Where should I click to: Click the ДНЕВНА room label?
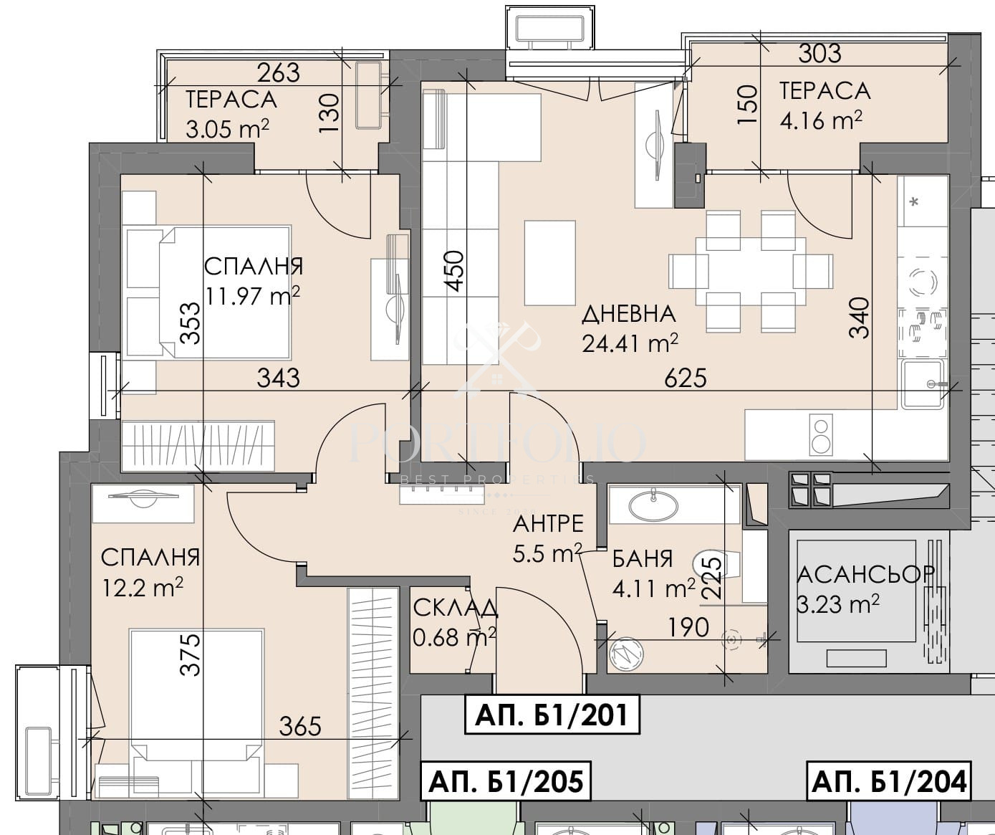[628, 314]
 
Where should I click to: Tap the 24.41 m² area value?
[630, 343]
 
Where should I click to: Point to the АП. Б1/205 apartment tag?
[506, 782]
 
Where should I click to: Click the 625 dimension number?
[686, 378]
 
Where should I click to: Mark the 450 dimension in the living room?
[455, 272]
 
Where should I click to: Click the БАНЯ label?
[643, 558]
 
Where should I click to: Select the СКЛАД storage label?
[455, 609]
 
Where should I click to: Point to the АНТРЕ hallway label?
[548, 524]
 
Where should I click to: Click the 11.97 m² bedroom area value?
[253, 296]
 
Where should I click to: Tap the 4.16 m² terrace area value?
[821, 120]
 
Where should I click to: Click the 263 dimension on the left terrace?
[278, 73]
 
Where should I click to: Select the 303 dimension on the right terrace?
[819, 54]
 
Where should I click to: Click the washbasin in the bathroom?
[653, 505]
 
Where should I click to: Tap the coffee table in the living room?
[550, 262]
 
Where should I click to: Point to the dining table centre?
[751, 272]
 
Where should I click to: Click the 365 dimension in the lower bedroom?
[300, 727]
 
